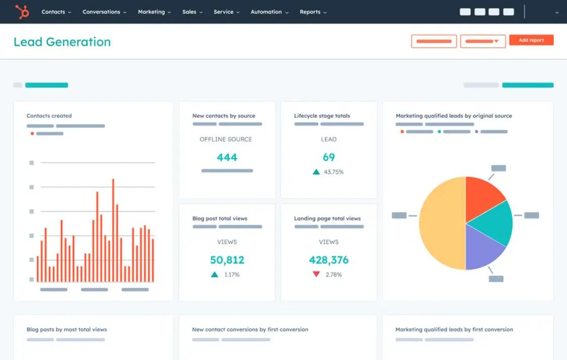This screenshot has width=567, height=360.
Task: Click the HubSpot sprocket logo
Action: coord(22,12)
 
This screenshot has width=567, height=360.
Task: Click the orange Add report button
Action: coord(531,40)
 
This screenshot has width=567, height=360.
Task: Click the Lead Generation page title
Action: coord(62,42)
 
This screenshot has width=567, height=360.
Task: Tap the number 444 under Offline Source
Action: coord(227,157)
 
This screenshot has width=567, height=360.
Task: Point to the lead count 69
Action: coord(328,157)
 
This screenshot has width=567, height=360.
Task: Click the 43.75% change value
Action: coord(334,172)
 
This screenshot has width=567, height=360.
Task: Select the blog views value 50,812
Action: coord(227,260)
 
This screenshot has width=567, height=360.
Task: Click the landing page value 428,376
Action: coord(328,260)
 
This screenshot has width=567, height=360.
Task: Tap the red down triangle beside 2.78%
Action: coord(316,275)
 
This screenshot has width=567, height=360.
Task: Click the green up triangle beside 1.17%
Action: coord(215,275)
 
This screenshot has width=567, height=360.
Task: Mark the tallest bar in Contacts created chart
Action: coord(113,230)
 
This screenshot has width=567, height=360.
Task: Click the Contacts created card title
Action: coord(49,116)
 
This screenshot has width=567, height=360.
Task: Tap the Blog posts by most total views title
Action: coord(67,330)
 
